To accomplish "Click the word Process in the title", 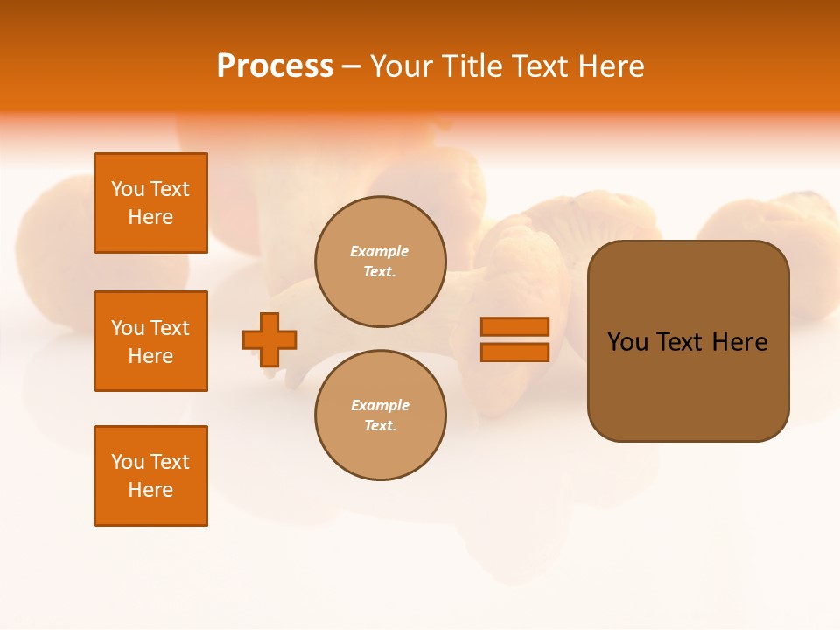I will tap(275, 66).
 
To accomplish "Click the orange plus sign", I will tap(269, 339).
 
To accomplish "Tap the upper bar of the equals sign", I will tap(514, 326).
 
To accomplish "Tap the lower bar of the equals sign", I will tap(514, 352).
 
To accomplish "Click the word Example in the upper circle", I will tap(379, 251).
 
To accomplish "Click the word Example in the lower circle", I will tap(380, 405).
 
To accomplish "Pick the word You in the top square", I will tap(128, 189).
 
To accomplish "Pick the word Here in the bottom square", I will tap(150, 490).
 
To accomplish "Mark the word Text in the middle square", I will tap(170, 328).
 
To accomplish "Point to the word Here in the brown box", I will tap(740, 342).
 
